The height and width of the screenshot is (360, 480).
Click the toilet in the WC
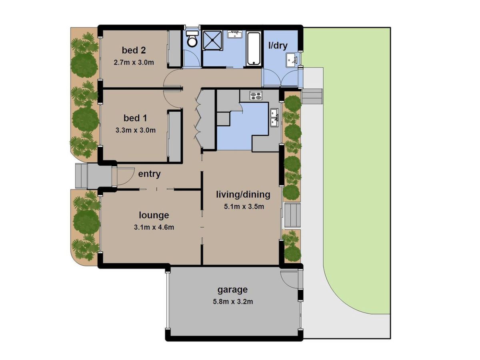tap(192, 39)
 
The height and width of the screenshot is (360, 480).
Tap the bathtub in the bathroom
tap(254, 48)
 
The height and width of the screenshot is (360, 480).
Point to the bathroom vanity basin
tap(234, 34)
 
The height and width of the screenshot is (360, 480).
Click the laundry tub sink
tap(292, 60)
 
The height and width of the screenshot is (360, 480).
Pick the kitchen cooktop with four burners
tap(256, 96)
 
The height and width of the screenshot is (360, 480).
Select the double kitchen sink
tap(274, 118)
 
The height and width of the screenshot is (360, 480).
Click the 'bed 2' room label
tap(134, 50)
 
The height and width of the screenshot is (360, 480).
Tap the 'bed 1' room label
tap(135, 118)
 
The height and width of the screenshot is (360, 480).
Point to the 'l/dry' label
tap(278, 46)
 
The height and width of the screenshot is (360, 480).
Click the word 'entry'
tap(149, 174)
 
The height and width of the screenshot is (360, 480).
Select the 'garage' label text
tap(232, 290)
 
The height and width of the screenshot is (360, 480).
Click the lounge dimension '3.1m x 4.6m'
tap(154, 227)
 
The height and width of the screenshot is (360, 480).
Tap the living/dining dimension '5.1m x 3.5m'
tap(244, 206)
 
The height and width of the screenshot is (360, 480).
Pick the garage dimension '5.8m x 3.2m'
tap(233, 302)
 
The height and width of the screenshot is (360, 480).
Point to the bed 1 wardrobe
tap(174, 137)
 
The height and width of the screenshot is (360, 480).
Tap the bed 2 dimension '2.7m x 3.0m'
tap(134, 62)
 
